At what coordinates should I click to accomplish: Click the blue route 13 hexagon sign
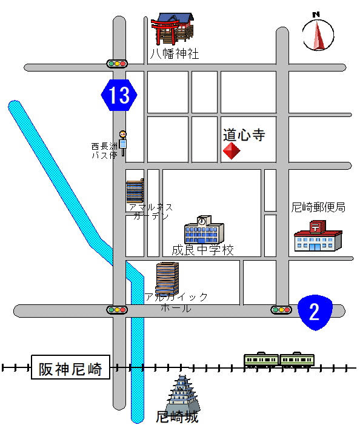[x=119, y=95]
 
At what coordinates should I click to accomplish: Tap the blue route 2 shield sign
[x=315, y=312]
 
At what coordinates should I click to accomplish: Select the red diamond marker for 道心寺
[x=232, y=151]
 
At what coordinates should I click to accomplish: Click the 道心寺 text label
[x=244, y=135]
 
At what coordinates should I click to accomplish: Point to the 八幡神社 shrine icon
[x=173, y=29]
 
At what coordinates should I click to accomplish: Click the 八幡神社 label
[x=175, y=54]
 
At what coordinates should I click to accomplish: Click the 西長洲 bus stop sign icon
[x=124, y=142]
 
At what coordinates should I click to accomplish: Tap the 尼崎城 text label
[x=177, y=417]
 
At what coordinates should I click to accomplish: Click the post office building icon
[x=318, y=236]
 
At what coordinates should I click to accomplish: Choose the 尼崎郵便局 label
[x=318, y=207]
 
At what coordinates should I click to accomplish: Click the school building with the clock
[x=204, y=229]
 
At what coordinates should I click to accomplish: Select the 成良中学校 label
[x=202, y=250]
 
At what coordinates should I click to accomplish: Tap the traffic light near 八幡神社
[x=116, y=64]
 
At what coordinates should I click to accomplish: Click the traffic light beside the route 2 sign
[x=281, y=310]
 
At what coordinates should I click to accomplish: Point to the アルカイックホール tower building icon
[x=167, y=279]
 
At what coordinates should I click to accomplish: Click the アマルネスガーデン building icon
[x=135, y=191]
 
